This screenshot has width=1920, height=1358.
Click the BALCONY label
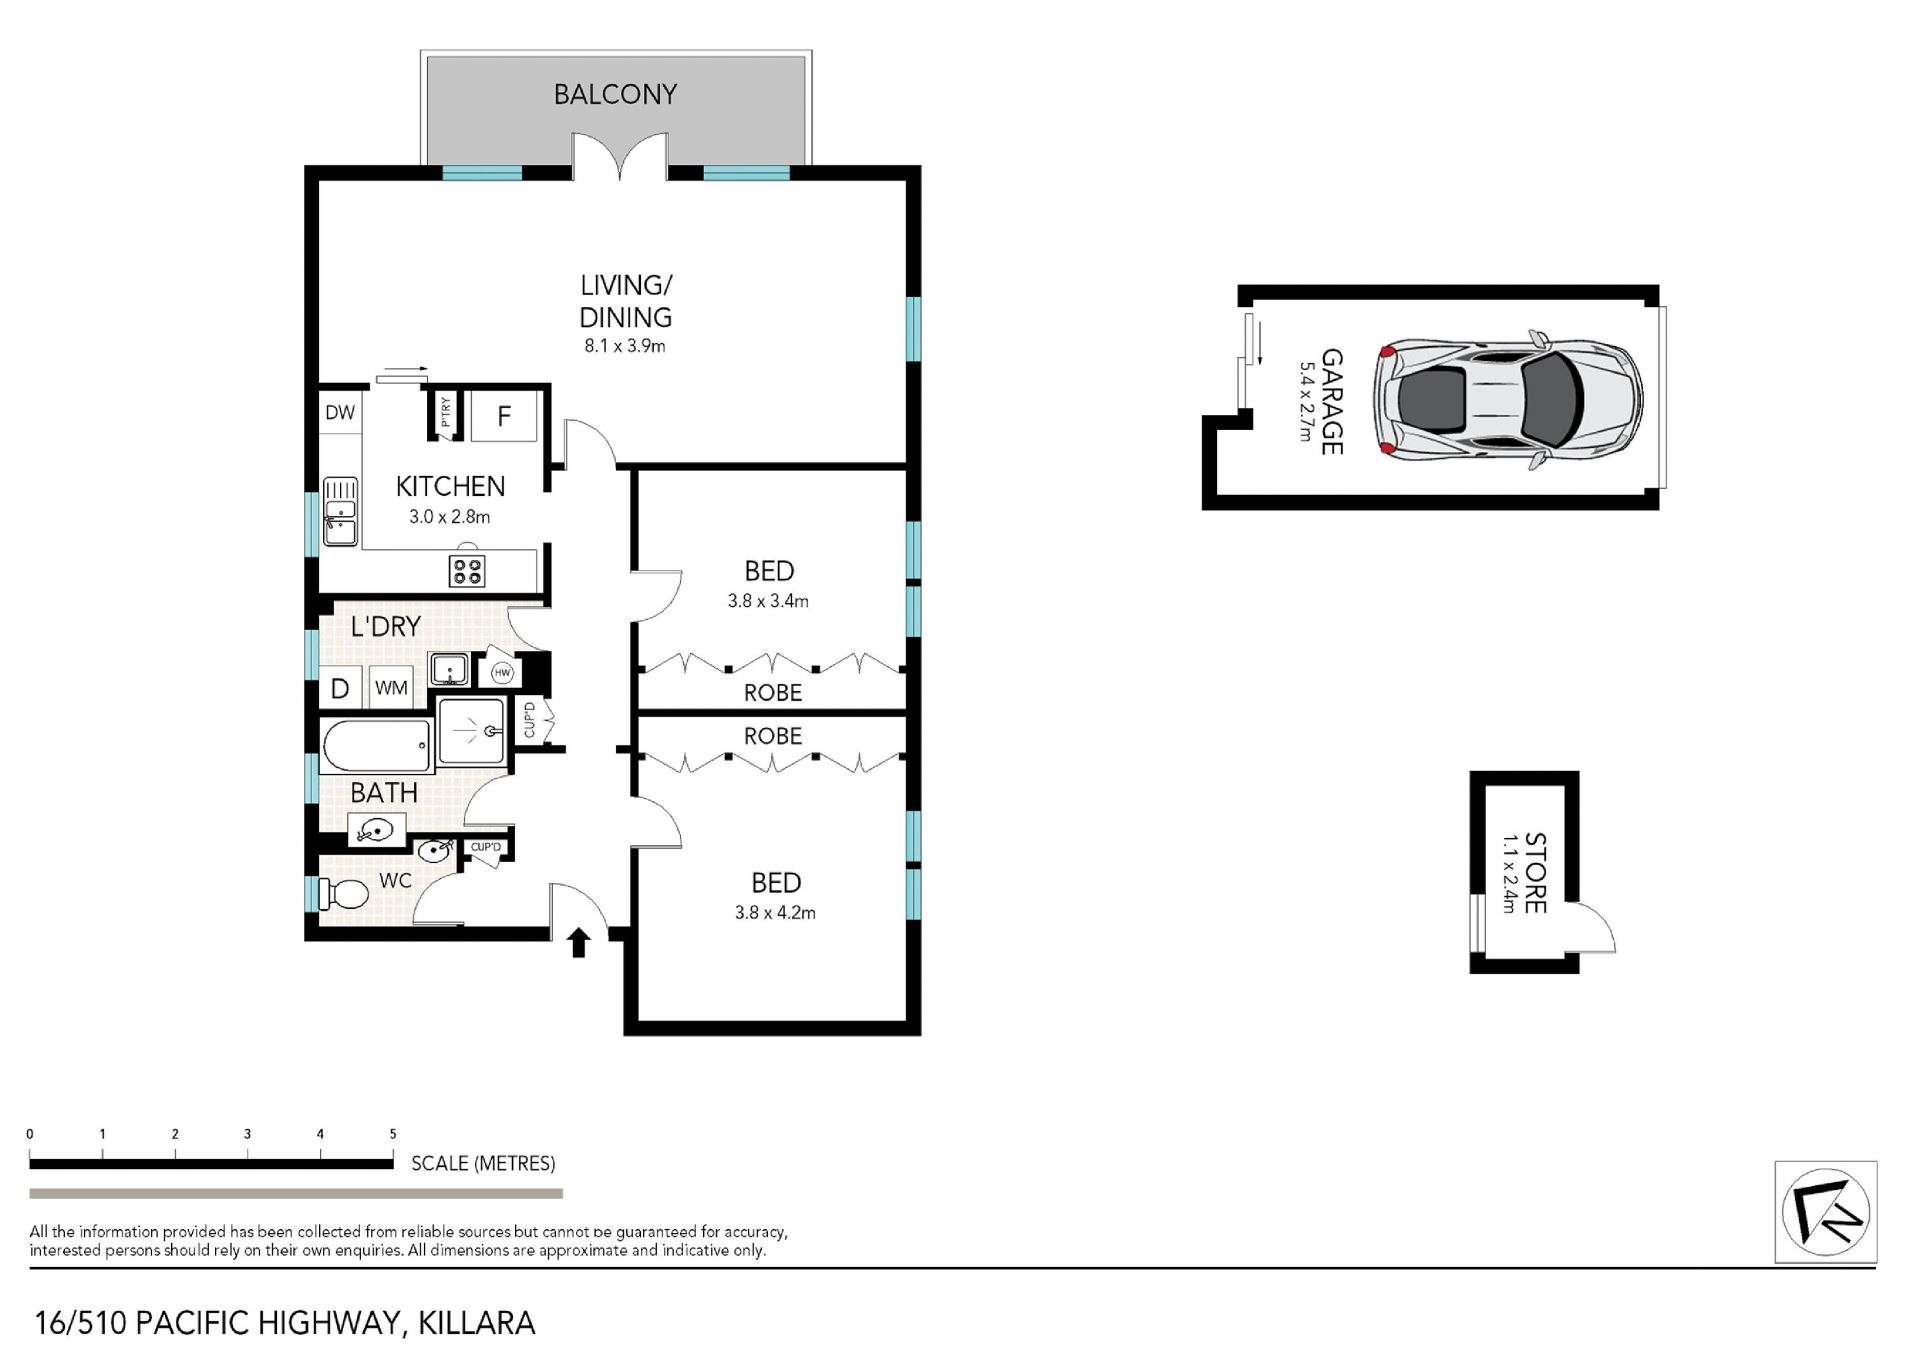point(615,94)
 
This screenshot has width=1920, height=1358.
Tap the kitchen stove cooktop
point(467,571)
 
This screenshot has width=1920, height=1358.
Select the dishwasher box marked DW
point(340,412)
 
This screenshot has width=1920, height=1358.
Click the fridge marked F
point(504,416)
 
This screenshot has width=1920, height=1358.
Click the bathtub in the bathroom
point(377,745)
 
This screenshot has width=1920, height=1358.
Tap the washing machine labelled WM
point(391,687)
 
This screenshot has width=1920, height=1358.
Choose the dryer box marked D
point(340,688)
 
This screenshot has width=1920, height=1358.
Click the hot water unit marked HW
point(502,673)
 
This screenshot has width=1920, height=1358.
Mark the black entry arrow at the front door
point(579,943)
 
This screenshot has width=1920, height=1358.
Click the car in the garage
point(1507,396)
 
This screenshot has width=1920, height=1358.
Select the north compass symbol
point(1825,1212)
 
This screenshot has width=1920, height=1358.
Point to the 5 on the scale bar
point(393,1134)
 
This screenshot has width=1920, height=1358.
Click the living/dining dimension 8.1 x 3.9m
point(625,346)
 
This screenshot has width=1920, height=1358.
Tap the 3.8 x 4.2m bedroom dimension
point(775,912)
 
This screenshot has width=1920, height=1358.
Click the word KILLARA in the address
point(477,1323)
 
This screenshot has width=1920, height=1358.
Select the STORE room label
point(1535,873)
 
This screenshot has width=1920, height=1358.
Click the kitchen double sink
point(340,512)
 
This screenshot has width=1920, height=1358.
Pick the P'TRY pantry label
point(445,411)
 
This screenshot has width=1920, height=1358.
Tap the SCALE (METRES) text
point(483,1163)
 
